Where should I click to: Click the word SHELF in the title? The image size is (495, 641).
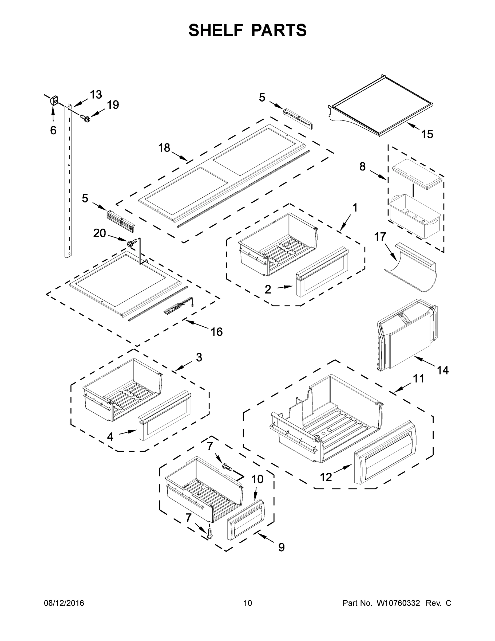point(216,30)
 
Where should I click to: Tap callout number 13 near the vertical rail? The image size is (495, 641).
point(96,95)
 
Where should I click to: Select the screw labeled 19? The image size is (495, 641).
point(85,118)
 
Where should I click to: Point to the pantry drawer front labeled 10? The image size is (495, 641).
point(246,519)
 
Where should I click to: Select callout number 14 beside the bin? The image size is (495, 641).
point(442,370)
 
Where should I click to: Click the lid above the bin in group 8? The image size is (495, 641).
point(416,173)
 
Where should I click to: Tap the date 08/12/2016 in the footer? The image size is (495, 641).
point(64,603)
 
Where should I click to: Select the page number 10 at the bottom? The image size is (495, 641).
point(248,603)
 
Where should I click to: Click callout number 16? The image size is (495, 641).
point(216,332)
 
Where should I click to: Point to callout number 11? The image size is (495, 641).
point(418,379)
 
